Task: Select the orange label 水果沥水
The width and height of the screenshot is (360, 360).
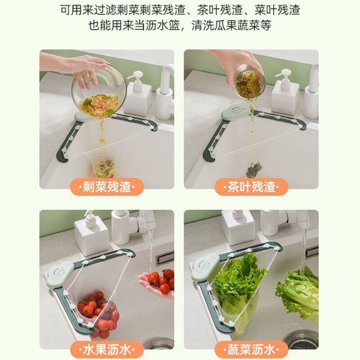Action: [x=107, y=349]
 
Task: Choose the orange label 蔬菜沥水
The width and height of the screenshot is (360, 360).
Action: [x=252, y=349]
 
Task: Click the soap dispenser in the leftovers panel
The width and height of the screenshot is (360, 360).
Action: [x=137, y=94]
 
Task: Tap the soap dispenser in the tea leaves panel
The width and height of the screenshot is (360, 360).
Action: [x=284, y=92]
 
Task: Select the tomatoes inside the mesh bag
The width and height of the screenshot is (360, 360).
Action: [x=98, y=313]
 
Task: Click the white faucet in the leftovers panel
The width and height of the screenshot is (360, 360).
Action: [x=166, y=90]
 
